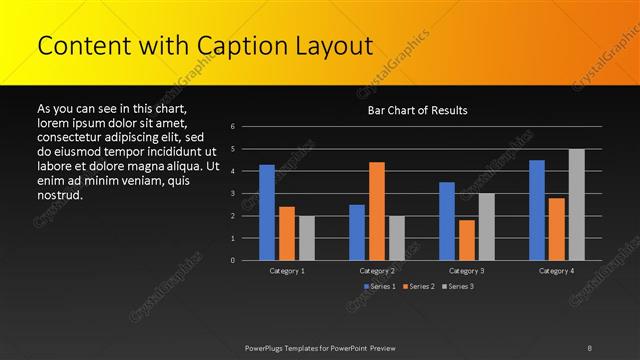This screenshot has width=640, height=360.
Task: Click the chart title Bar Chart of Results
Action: (417, 110)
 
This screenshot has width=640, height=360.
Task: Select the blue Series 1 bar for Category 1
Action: (267, 212)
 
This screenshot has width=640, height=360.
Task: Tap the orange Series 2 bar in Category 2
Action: (377, 211)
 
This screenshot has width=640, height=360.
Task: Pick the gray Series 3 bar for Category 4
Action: (577, 204)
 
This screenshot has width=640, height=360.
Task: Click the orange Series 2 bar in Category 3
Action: (467, 240)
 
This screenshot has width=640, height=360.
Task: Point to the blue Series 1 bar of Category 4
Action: (537, 210)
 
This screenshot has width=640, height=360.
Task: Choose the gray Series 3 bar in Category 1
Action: (307, 238)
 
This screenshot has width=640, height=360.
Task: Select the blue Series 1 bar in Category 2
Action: (357, 232)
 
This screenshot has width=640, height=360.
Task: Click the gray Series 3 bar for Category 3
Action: (487, 227)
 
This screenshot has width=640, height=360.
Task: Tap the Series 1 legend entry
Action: (381, 287)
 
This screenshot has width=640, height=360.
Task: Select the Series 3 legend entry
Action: (458, 287)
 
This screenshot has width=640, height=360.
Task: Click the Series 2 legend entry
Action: (420, 287)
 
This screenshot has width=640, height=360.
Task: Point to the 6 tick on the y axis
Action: (232, 127)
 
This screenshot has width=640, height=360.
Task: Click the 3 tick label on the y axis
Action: (232, 194)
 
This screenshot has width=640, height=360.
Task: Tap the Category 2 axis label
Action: (377, 270)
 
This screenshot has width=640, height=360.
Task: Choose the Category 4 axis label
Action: (557, 270)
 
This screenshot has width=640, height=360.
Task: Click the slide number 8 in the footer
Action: (589, 347)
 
